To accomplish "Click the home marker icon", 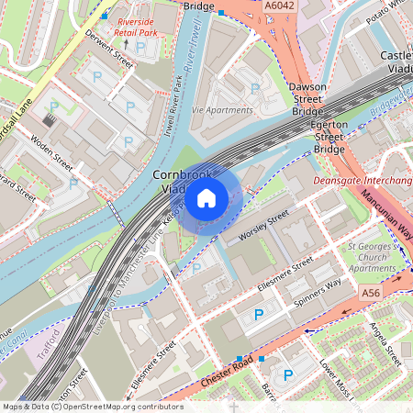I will (206, 197).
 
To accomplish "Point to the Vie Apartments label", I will (222, 109).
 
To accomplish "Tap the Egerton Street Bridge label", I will (329, 134).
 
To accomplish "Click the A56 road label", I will (371, 292).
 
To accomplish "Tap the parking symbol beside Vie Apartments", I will (254, 89).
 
